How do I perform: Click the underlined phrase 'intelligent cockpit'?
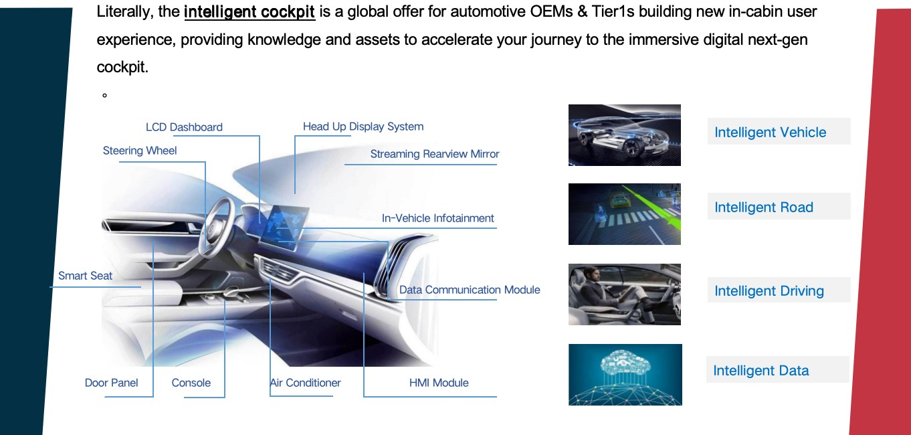point(249,12)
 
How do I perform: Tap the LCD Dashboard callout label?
point(184,127)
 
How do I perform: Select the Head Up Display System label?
point(363,126)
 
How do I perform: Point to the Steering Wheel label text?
point(140,151)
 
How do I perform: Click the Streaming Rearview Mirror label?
point(434,154)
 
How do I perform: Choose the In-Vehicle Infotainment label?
point(437,218)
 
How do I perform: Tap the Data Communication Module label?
point(470,290)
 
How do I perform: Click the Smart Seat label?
point(85,276)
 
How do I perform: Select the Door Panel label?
point(111,383)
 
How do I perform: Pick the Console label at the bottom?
point(191,383)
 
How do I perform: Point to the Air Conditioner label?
point(306,383)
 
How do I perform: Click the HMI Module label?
point(439,383)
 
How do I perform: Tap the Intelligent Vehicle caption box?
point(779,131)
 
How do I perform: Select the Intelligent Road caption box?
point(779,206)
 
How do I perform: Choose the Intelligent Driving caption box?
point(779,290)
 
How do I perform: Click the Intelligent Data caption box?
point(777,369)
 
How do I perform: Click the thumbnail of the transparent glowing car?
point(624,135)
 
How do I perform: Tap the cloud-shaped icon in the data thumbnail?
point(625,363)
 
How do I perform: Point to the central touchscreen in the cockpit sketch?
point(284,228)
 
